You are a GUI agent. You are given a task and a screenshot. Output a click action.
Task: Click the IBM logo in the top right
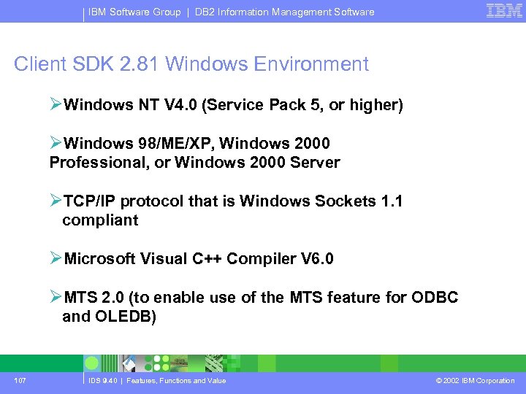coord(504,10)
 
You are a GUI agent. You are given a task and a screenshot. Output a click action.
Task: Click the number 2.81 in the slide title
coord(136,64)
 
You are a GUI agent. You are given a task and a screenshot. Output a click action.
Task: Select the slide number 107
coord(20,380)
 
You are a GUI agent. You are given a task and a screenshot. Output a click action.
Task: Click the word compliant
coord(100,220)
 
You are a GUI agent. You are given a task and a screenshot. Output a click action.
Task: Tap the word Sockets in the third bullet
coord(342,201)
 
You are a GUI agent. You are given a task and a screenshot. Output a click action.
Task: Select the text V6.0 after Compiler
coord(317,259)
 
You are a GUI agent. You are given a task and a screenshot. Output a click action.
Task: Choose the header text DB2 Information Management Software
coord(285,12)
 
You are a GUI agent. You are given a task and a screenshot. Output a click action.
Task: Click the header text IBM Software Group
coord(134,12)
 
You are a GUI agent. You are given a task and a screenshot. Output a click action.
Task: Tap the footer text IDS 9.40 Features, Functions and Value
coord(158,380)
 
